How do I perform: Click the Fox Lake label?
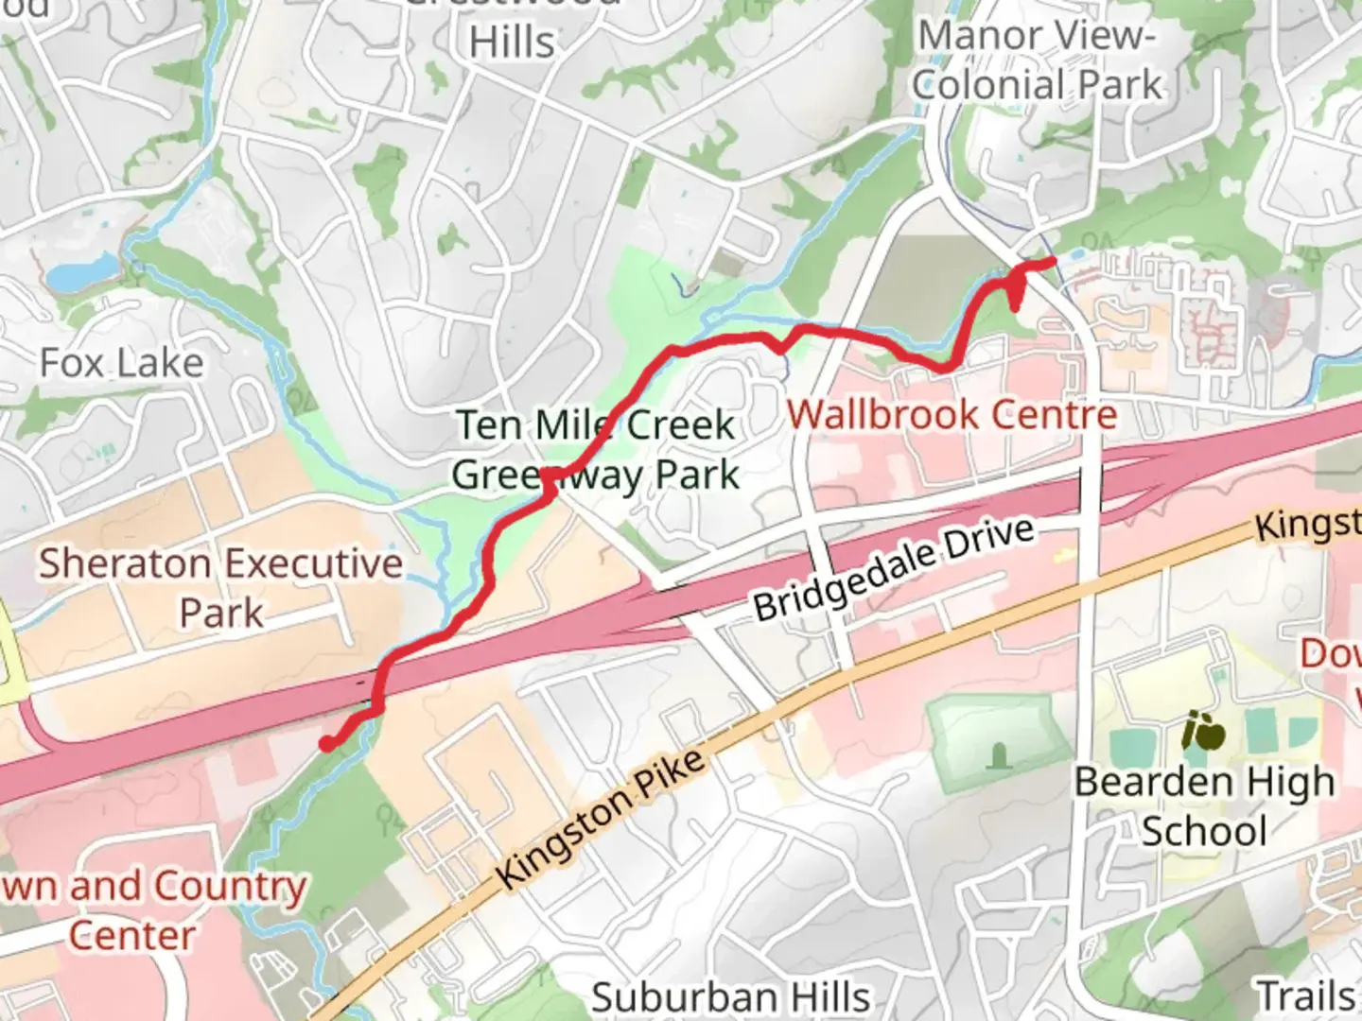click(121, 363)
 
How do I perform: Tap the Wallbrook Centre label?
click(952, 414)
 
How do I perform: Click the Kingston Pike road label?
click(601, 819)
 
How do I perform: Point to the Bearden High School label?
click(1204, 806)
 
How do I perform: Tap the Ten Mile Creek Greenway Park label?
click(596, 450)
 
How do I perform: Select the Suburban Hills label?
click(730, 997)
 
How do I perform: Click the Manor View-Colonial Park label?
click(1037, 61)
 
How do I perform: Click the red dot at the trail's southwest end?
click(326, 744)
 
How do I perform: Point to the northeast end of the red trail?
click(1052, 262)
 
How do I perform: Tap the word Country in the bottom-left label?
click(230, 887)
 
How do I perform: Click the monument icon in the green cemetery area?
click(997, 754)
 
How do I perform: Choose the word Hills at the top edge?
click(512, 43)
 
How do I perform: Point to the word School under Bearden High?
click(1204, 832)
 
